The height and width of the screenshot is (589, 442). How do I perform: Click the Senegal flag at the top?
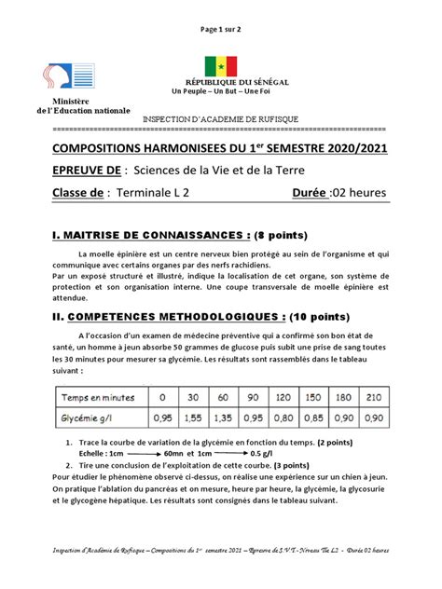pos(221,65)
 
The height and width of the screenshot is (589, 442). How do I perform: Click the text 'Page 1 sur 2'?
pos(221,29)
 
